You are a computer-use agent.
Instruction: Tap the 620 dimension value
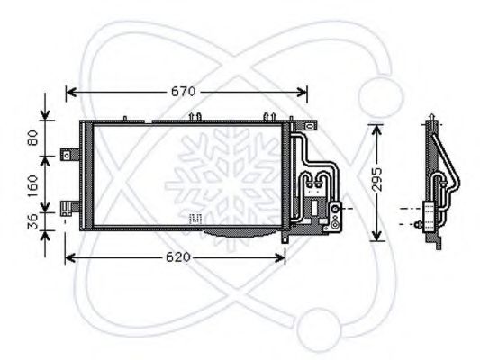(x=177, y=257)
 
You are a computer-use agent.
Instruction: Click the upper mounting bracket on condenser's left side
(x=68, y=155)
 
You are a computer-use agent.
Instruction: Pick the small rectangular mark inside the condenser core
(x=194, y=217)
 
